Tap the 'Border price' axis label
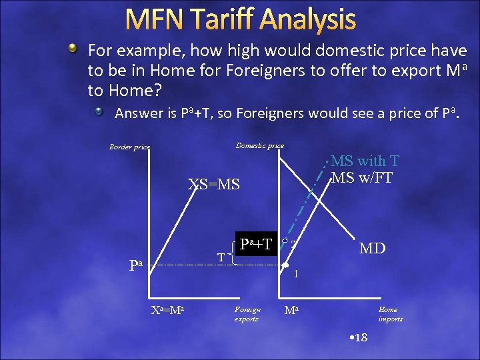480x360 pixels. [x=130, y=147]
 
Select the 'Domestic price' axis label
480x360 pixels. [x=259, y=145]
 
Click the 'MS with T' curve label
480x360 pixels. [x=365, y=161]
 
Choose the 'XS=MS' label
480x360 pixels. [x=213, y=185]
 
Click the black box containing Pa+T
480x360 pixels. [x=255, y=244]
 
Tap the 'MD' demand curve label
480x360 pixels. [x=372, y=249]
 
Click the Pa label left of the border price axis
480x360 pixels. [x=136, y=265]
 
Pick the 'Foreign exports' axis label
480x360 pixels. [x=247, y=313]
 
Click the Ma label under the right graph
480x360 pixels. [x=292, y=310]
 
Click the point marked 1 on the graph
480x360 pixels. [x=285, y=266]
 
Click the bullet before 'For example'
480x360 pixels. [x=75, y=49]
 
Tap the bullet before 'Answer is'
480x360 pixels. [x=99, y=112]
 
